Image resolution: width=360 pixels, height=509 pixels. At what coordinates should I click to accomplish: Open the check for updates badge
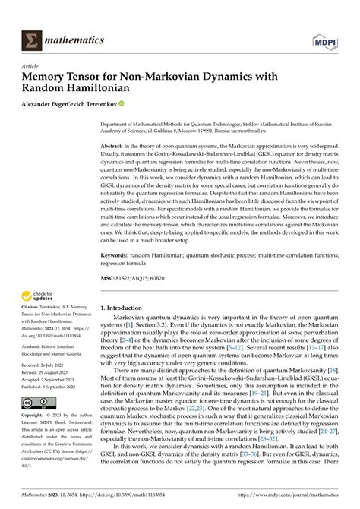click(37, 297)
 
